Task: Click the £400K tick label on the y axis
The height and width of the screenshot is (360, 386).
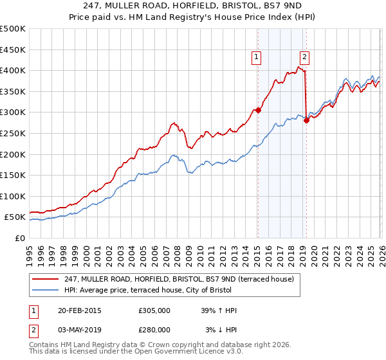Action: [13, 71]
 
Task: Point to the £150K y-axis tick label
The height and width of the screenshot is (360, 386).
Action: [13, 175]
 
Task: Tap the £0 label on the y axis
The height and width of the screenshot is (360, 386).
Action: [19, 238]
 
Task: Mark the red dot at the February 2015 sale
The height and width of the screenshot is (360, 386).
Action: [258, 110]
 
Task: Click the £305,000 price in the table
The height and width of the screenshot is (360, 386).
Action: [154, 310]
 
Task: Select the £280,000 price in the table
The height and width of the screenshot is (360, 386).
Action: [154, 330]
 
